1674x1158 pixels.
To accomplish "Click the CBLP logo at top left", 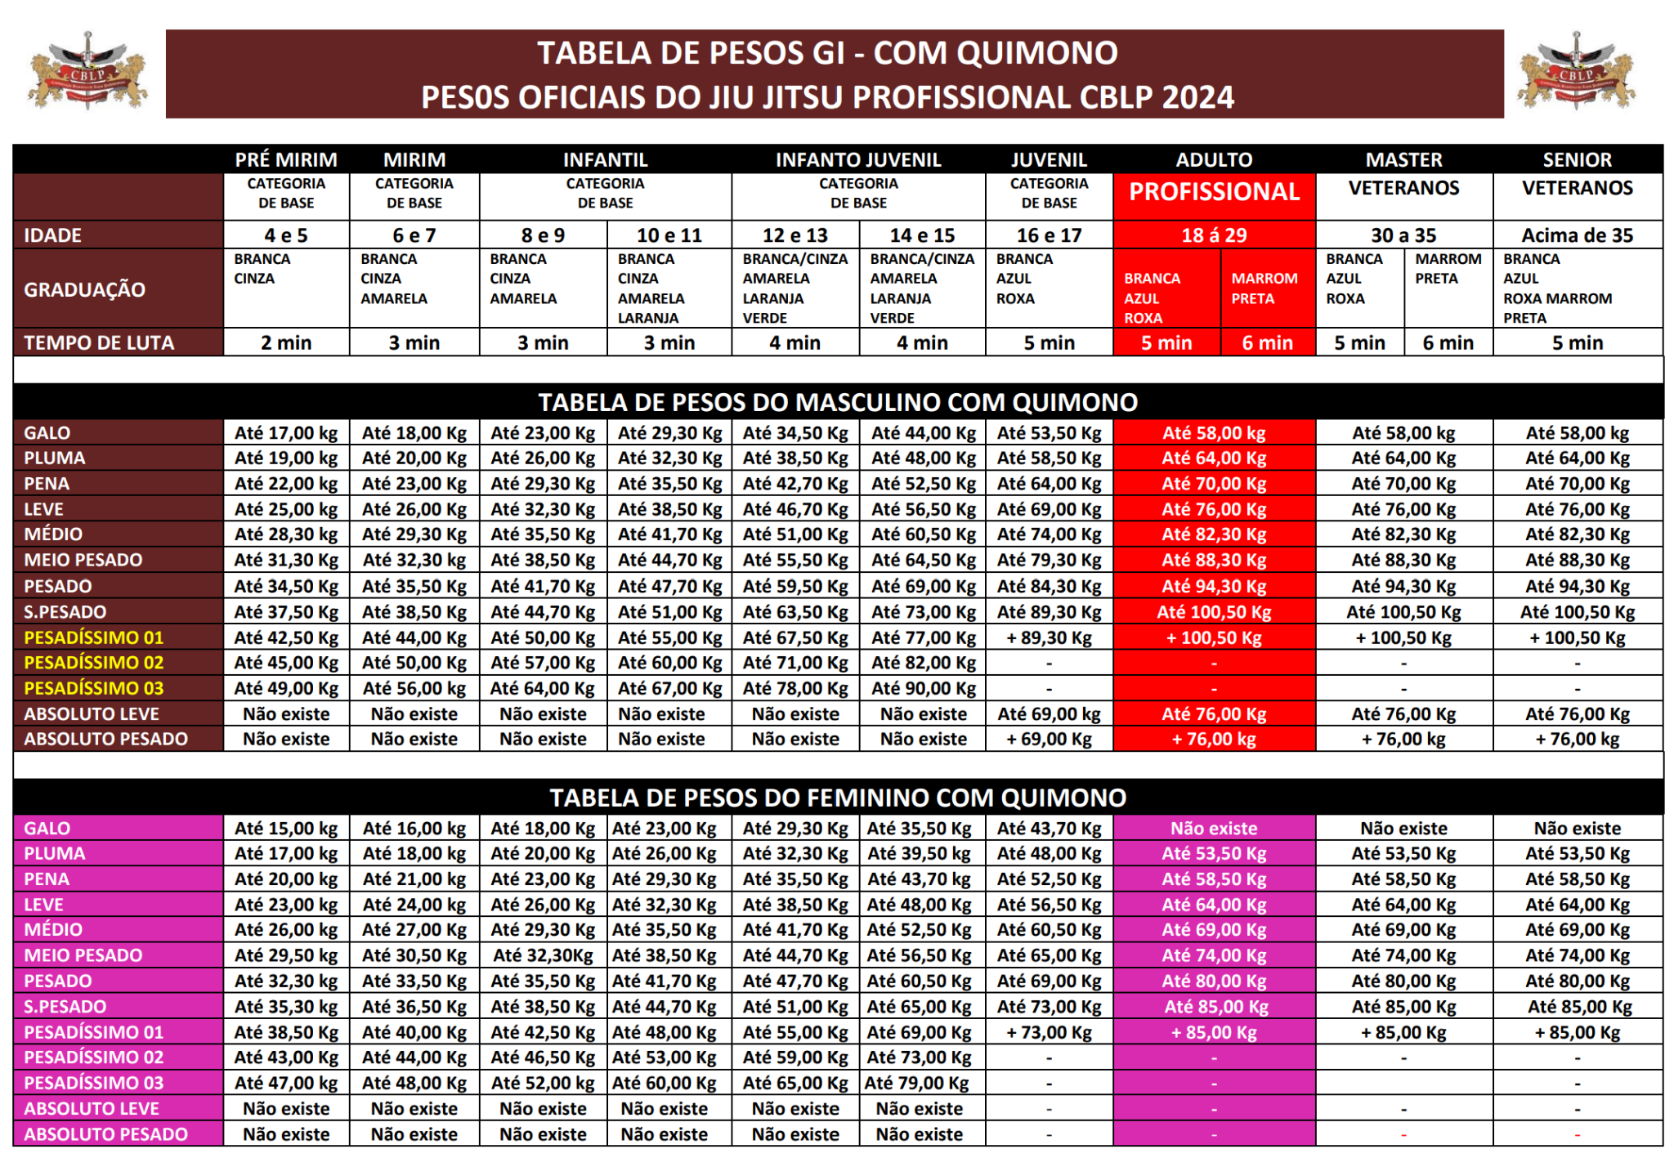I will point(87,72).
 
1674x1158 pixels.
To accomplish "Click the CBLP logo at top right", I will point(1576,72).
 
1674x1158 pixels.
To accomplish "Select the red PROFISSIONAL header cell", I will point(1214,192).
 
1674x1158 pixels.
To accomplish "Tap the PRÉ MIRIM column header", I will point(286,159).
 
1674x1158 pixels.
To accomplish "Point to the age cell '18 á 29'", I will point(1214,235).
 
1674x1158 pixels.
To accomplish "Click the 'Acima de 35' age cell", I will point(1577,235).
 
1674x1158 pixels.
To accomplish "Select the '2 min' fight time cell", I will point(286,342).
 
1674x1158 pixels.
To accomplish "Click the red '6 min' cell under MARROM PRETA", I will point(1267,342).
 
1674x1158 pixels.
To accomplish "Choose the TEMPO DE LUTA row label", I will point(99,342).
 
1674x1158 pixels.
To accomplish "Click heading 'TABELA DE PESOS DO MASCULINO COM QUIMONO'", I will point(837,402).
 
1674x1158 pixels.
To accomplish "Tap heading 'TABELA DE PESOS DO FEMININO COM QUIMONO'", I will point(837,798).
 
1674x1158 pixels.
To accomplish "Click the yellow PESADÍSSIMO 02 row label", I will point(93,663).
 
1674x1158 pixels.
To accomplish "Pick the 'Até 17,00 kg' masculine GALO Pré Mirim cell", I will point(286,433).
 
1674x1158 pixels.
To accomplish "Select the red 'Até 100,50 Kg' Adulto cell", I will point(1214,612).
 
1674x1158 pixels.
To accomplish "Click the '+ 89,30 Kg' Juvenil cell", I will point(1049,637).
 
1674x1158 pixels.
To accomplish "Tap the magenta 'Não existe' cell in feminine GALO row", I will point(1214,828).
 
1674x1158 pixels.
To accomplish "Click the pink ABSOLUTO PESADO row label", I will point(105,1134).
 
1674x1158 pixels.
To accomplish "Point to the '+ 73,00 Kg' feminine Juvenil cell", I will point(1049,1032).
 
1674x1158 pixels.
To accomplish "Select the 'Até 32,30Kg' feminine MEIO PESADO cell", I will point(543,955).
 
